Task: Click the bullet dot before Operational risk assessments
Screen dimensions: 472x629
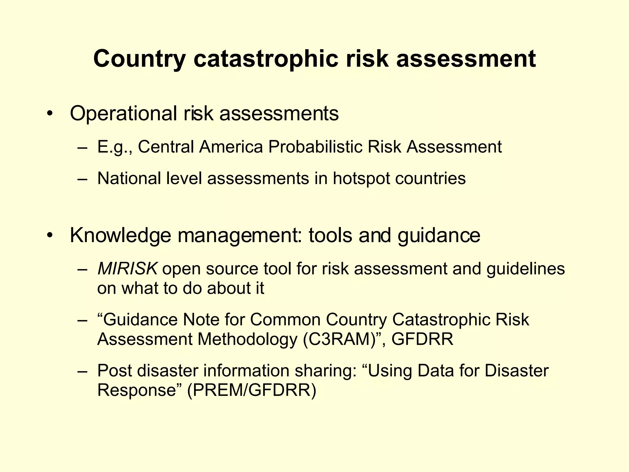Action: pos(50,114)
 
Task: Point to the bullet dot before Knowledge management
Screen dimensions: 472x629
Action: pos(50,236)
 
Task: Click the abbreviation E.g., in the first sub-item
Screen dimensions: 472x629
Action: pos(115,147)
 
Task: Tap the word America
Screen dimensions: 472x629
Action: pos(231,147)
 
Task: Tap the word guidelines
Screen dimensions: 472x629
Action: pos(525,269)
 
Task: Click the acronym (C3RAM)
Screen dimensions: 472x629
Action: pos(340,340)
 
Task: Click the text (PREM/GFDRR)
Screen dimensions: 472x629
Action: pos(252,390)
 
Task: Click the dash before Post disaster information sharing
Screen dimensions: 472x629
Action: pos(83,371)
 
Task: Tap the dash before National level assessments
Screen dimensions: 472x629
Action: pos(83,179)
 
